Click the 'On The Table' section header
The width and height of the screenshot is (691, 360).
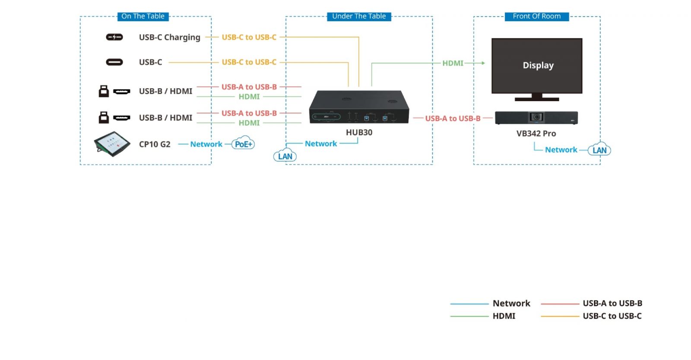coord(143,16)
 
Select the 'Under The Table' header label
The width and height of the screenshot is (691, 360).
coord(359,16)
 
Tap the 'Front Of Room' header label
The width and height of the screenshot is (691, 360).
coord(537,16)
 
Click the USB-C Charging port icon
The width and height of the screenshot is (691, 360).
coord(114,37)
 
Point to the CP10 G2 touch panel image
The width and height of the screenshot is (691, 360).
coord(112,144)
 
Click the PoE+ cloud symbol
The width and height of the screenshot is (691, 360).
coord(243,144)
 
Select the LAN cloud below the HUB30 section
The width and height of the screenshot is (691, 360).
coord(285,156)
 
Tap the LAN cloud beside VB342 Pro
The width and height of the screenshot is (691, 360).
coord(599,150)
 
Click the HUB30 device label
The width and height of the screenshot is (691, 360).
coord(359,132)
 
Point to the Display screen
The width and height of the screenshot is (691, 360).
coord(537,66)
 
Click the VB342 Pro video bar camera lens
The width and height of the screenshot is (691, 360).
coord(536,117)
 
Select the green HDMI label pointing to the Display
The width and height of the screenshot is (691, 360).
coord(453,63)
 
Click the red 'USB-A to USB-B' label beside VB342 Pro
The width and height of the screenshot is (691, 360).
coord(453,118)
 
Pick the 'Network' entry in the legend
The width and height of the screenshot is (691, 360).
coord(511,303)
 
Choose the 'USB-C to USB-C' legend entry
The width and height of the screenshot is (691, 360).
coord(612,316)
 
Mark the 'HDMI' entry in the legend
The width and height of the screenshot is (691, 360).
coord(504,316)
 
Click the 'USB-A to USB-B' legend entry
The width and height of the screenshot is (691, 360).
coord(612,303)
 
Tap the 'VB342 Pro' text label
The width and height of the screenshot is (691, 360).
coord(536,134)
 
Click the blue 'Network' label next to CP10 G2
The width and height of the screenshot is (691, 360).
coord(206,144)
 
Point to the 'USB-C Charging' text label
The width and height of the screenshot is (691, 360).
coord(170,38)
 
